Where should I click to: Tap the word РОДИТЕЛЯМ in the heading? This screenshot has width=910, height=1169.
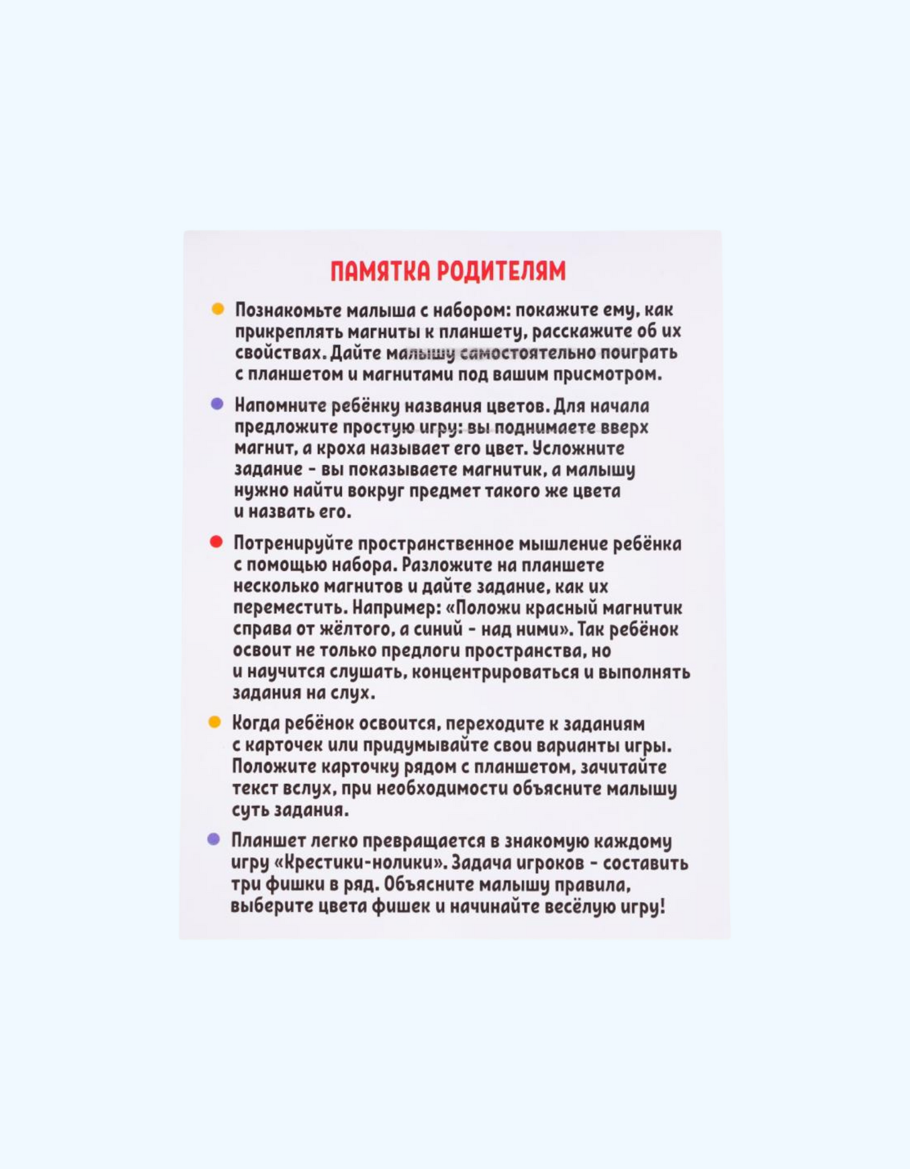click(x=501, y=271)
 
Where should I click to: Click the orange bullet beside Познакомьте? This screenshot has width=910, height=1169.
click(x=218, y=309)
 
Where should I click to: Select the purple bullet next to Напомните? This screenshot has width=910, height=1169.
click(x=217, y=404)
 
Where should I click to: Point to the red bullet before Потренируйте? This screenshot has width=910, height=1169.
click(x=216, y=542)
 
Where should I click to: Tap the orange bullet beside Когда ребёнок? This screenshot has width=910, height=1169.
click(x=215, y=722)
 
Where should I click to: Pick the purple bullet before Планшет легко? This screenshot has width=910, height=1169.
click(x=213, y=839)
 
